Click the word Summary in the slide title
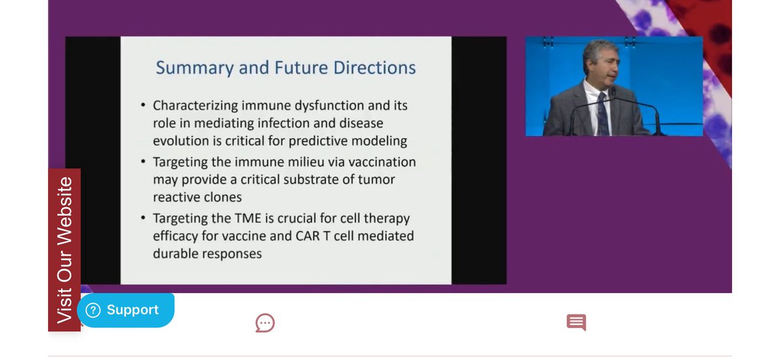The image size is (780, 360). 190,68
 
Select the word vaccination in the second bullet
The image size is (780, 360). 380,162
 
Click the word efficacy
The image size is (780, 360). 178,236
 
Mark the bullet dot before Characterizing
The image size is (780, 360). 143,106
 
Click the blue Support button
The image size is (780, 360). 125,310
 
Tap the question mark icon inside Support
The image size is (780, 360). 93,310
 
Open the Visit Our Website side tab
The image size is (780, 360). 64,250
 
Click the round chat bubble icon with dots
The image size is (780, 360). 265,322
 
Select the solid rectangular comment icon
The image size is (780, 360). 576,322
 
